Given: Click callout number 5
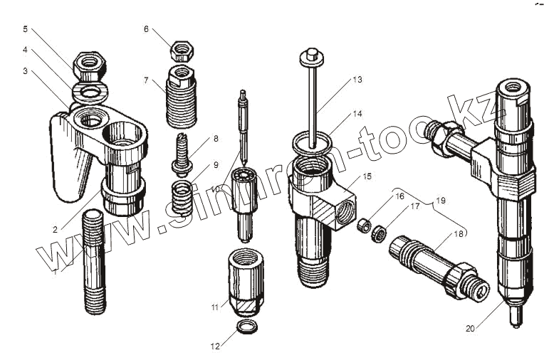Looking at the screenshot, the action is pos(26,29).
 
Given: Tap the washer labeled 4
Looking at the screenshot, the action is pos(90,91).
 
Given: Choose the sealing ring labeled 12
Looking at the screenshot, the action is pos(245,328).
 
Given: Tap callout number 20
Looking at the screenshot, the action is pos(471,329).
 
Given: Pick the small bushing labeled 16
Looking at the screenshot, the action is pos(362,226).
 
